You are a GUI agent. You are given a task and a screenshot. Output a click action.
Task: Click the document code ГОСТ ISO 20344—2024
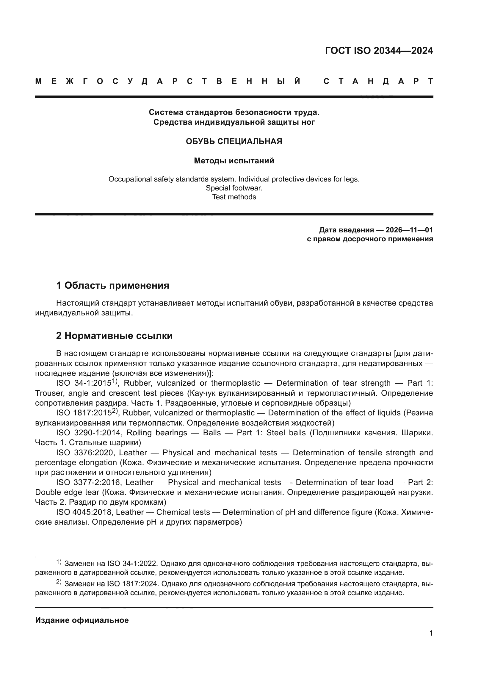[379, 51]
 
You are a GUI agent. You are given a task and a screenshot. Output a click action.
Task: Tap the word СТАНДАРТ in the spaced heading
[378, 81]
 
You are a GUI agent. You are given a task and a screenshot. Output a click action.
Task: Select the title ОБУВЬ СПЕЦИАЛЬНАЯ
[234, 141]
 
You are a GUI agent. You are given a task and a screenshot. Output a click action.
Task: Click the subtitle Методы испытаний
[234, 161]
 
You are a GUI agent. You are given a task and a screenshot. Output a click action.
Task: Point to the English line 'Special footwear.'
[234, 188]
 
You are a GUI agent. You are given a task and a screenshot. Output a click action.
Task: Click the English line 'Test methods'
[234, 197]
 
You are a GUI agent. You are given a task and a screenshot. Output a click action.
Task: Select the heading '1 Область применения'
[112, 285]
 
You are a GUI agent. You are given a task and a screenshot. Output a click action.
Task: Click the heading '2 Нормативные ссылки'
[114, 336]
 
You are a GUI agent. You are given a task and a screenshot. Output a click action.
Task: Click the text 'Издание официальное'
[82, 620]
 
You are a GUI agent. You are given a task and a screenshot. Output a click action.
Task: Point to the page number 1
[431, 633]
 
